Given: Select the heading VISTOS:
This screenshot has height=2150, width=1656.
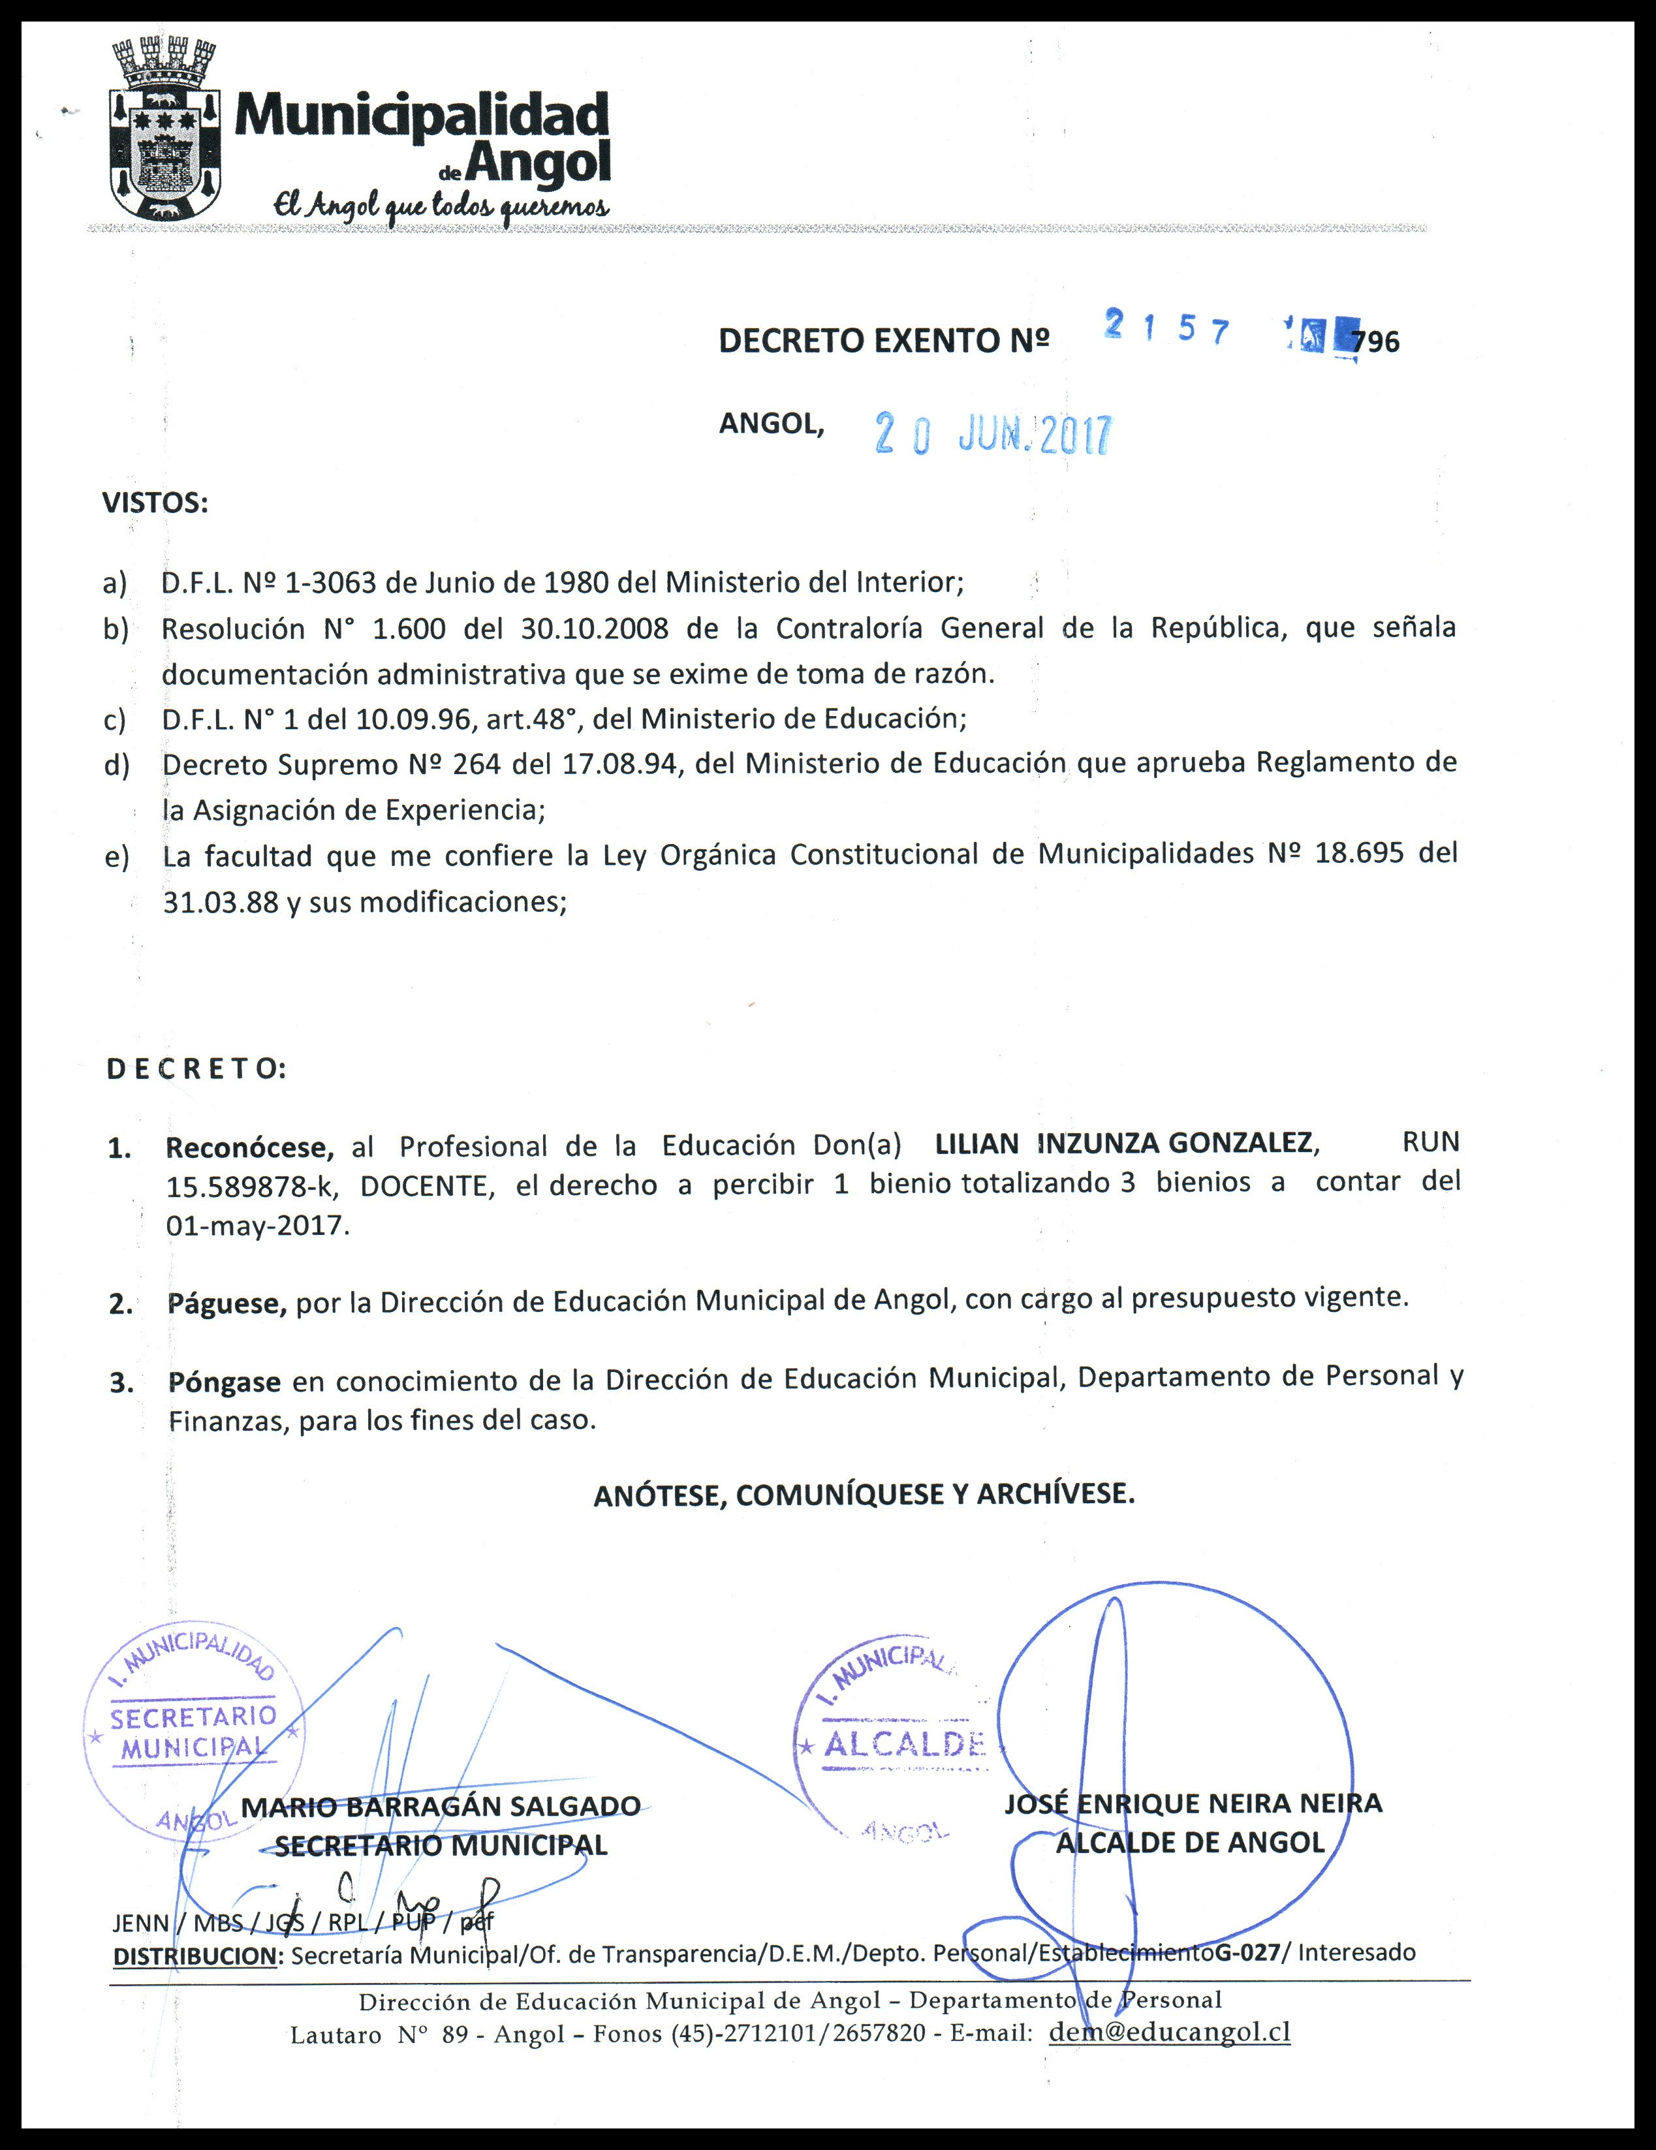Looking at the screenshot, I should [x=155, y=503].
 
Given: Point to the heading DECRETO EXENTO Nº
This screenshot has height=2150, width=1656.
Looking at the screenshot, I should [x=883, y=341].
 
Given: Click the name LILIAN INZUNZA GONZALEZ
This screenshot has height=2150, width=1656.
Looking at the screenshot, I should [x=1125, y=1143].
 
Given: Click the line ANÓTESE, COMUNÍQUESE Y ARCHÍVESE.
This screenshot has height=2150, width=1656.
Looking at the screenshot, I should [x=864, y=1495].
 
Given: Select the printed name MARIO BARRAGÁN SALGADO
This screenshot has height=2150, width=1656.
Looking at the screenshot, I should [x=441, y=1807].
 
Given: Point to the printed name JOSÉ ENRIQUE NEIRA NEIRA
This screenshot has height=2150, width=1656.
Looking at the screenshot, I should [x=1193, y=1803].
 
